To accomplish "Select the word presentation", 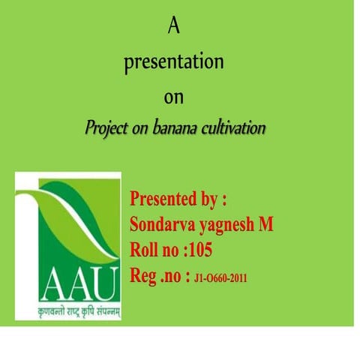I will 174,63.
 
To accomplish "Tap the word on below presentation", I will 174,97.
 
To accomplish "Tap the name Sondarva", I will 159,225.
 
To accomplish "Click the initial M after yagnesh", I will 266,224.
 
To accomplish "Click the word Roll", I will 145,250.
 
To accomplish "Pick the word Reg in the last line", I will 143,274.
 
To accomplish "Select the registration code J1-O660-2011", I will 220,277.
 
